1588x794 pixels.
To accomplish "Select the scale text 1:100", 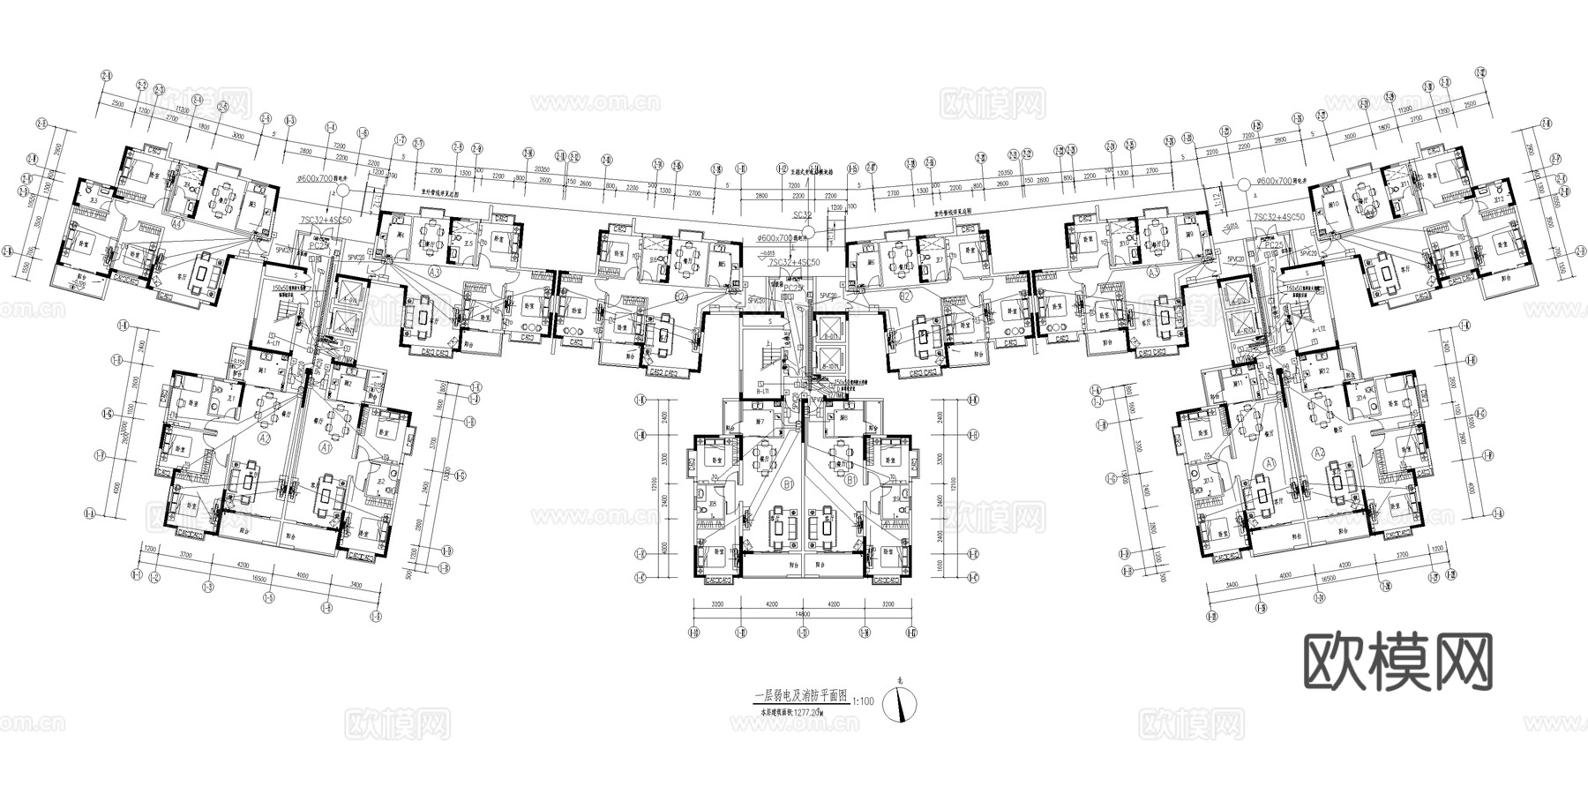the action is (864, 702).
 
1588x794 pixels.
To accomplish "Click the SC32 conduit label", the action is (802, 215).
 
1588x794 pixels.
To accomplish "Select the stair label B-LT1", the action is (764, 390).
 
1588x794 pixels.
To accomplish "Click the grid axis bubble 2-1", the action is (107, 77).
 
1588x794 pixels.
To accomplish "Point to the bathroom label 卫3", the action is (91, 201).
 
